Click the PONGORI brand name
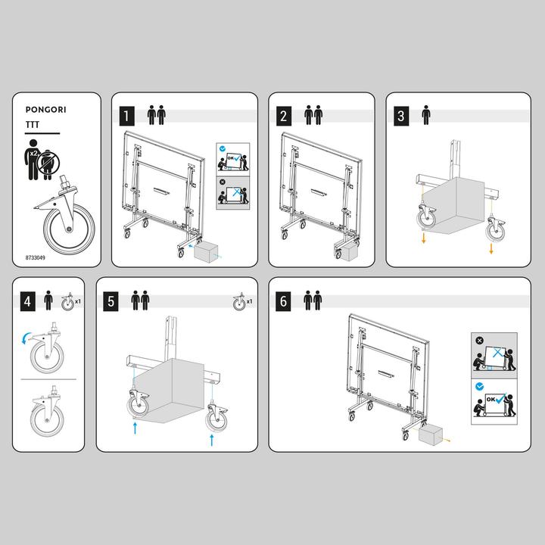coord(45,110)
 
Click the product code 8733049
coord(35,258)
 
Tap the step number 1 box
coord(127,116)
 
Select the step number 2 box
coord(284,116)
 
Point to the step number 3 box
coord(401,116)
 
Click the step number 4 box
coord(28,301)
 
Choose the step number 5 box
coord(111,301)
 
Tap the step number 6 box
coord(283,301)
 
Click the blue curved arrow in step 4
coord(26,338)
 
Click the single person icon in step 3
coord(425,115)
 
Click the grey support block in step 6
coord(430,436)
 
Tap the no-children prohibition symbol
coord(48,163)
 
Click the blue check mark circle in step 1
coord(223,149)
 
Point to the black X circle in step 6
coord(479,341)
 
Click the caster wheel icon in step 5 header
coord(239,302)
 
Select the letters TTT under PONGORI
coord(33,125)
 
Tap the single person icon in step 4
coord(48,301)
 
